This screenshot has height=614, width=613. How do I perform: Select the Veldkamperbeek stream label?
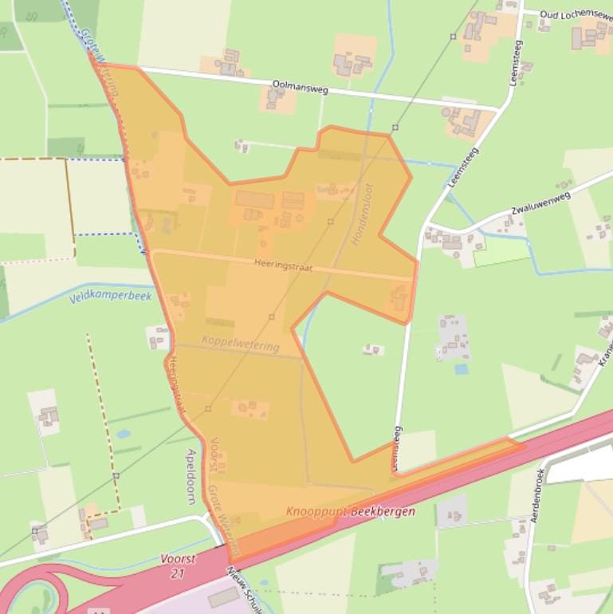[x=109, y=297]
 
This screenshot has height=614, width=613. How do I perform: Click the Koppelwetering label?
[x=241, y=344]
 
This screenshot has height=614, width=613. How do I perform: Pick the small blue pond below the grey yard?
[x=461, y=369]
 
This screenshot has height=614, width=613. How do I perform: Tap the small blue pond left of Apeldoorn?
[x=123, y=435]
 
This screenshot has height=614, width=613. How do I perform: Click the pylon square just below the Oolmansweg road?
[x=395, y=128]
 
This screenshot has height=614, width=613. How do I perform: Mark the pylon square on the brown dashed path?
[x=116, y=476]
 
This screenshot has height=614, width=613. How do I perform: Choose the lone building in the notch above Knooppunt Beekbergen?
[x=371, y=349]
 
